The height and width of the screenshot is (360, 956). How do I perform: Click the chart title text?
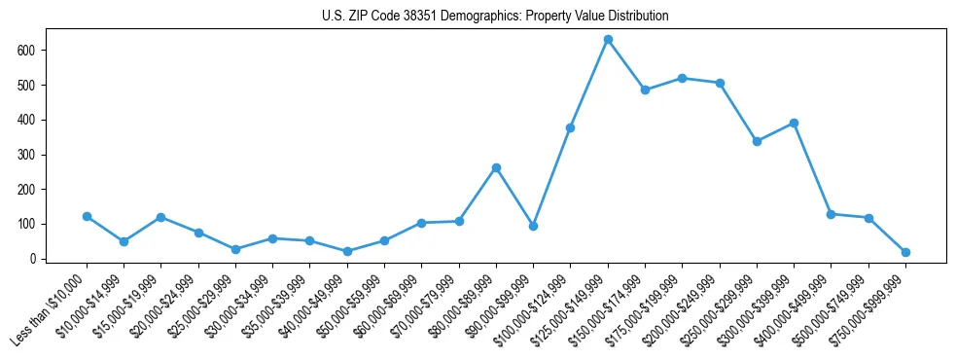coord(495,17)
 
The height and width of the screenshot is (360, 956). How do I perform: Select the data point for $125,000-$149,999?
coord(608,40)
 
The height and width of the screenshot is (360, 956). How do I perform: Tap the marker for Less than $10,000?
coord(87,216)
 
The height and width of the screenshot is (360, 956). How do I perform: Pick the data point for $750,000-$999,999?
coord(905,252)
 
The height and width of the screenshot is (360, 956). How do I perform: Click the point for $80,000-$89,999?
coord(496,167)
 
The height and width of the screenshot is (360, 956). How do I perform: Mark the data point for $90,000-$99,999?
coord(533,226)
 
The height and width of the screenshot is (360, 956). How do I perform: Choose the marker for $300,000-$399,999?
coord(794,123)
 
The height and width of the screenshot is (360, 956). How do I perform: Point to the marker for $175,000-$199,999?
coord(683,78)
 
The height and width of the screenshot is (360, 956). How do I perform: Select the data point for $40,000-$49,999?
coord(347,251)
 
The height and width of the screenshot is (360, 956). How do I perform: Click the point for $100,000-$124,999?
coord(571,127)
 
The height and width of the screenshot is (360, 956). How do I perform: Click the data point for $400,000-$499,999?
coord(831,214)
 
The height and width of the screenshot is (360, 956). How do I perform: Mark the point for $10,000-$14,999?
coord(124,241)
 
